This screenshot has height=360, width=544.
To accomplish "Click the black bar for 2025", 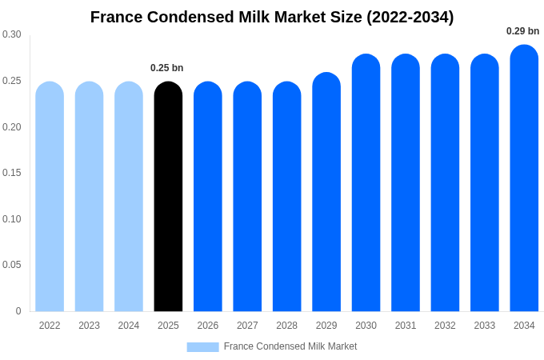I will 168,197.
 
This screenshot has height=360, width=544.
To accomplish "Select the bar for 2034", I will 524,178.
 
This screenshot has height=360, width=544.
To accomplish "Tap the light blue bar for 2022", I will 50,197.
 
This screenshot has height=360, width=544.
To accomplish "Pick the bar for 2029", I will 326,192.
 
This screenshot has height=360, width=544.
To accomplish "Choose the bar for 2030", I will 366,183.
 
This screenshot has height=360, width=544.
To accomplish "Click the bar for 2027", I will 247,197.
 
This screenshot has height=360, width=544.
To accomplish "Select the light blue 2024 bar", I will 129,197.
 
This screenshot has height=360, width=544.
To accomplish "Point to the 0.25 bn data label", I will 167,68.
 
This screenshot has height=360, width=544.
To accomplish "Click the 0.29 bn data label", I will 522,31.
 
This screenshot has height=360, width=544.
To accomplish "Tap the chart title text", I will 272,17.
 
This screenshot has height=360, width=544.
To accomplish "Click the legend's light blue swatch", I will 202,347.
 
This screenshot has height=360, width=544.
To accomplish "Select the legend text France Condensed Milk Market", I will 290,346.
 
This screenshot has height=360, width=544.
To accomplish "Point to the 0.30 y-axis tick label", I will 12,34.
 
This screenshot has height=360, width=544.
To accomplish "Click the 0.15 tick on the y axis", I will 12,173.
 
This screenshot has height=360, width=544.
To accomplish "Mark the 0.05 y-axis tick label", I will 12,265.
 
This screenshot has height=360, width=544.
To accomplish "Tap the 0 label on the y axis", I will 18,311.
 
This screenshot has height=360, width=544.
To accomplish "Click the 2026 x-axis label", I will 208,326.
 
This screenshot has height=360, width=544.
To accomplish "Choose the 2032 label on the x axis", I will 445,326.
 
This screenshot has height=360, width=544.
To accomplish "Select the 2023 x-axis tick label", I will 89,326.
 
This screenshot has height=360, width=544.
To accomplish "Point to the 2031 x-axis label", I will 406,326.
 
